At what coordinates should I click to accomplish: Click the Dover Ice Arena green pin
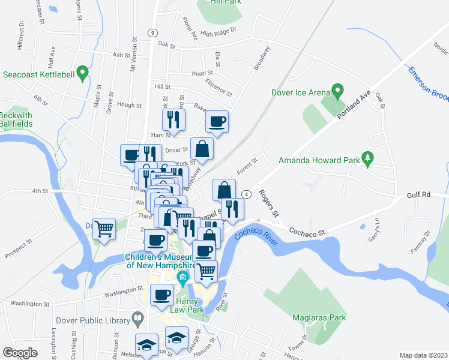(337, 92)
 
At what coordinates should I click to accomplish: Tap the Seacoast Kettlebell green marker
(84, 74)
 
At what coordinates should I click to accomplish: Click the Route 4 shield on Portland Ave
(247, 194)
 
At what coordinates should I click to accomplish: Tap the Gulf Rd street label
(418, 195)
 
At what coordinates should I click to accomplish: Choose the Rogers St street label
(268, 204)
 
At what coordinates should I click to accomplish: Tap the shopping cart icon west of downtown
(105, 229)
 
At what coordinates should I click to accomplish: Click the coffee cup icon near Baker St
(217, 122)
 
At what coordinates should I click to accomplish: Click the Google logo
(20, 353)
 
